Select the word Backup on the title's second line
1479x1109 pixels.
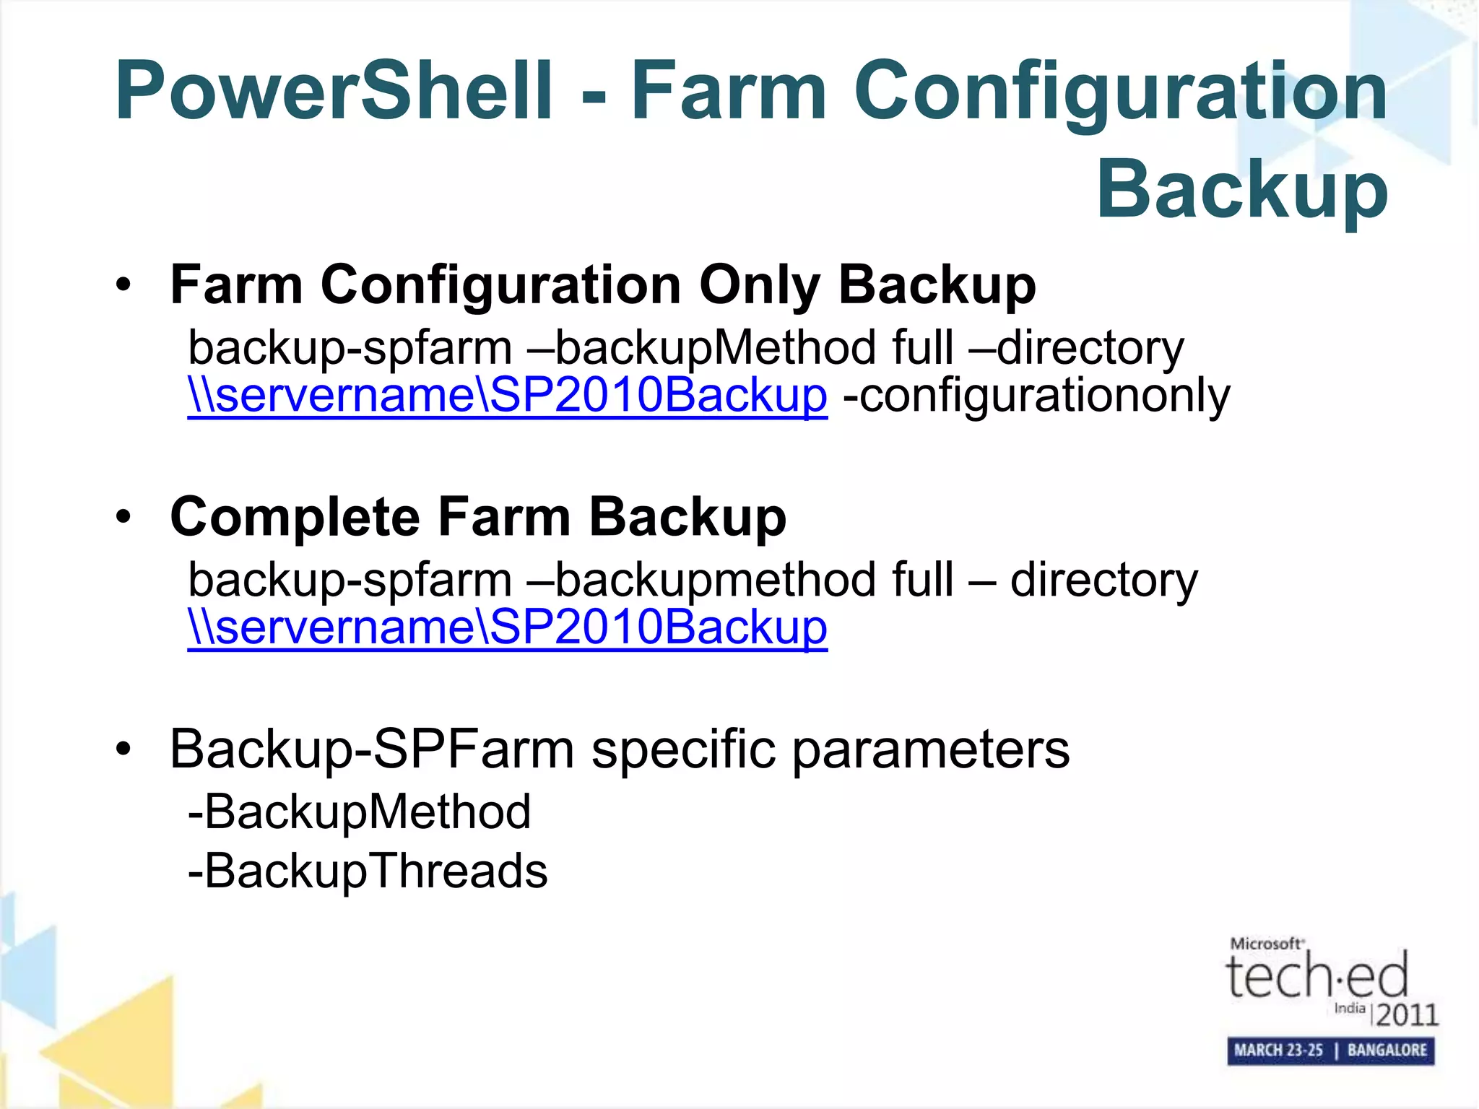(1242, 189)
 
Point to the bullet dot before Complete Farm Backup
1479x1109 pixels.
(123, 517)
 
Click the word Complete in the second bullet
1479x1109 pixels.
(295, 517)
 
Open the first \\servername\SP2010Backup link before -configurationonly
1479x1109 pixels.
(507, 396)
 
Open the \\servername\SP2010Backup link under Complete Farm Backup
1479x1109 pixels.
(507, 627)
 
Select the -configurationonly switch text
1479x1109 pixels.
(1036, 396)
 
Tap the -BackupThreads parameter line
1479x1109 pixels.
(368, 871)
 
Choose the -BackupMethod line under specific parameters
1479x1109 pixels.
(359, 812)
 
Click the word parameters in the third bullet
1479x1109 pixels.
(931, 749)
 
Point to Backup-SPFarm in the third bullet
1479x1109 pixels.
(372, 749)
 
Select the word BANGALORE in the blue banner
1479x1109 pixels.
(1387, 1051)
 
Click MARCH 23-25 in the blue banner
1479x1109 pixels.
(1278, 1051)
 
